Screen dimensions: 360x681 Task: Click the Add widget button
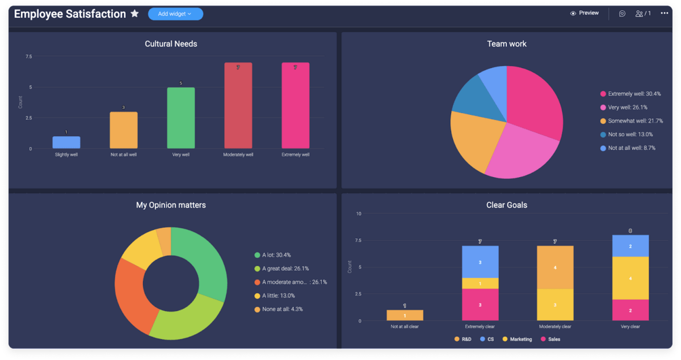coord(175,14)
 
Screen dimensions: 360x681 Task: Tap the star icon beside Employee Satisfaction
coord(134,14)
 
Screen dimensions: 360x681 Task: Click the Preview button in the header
coord(585,13)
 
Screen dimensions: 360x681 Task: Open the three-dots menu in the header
coord(664,13)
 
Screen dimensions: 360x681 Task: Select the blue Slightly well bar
coord(66,143)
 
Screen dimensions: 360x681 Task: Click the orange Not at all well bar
coord(124,130)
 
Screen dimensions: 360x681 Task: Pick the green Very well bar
coord(181,118)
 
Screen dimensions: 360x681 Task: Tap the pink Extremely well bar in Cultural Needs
coord(296,106)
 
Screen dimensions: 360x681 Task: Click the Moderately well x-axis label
coord(238,154)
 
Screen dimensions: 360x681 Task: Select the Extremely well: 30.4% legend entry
coord(634,94)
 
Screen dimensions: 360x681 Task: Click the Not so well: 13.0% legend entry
coord(630,135)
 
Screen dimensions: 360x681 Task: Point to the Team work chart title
coord(507,44)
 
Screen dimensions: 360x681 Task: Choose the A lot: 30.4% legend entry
coord(276,255)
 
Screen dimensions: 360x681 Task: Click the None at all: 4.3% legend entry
coord(281,309)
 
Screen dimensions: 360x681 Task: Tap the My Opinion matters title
coord(171,205)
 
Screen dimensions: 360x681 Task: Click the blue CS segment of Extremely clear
coord(480,262)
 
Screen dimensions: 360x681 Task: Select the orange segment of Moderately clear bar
coord(555,267)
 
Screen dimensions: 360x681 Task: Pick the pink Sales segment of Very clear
coord(630,310)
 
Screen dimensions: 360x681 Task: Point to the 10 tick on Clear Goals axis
coord(358,214)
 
